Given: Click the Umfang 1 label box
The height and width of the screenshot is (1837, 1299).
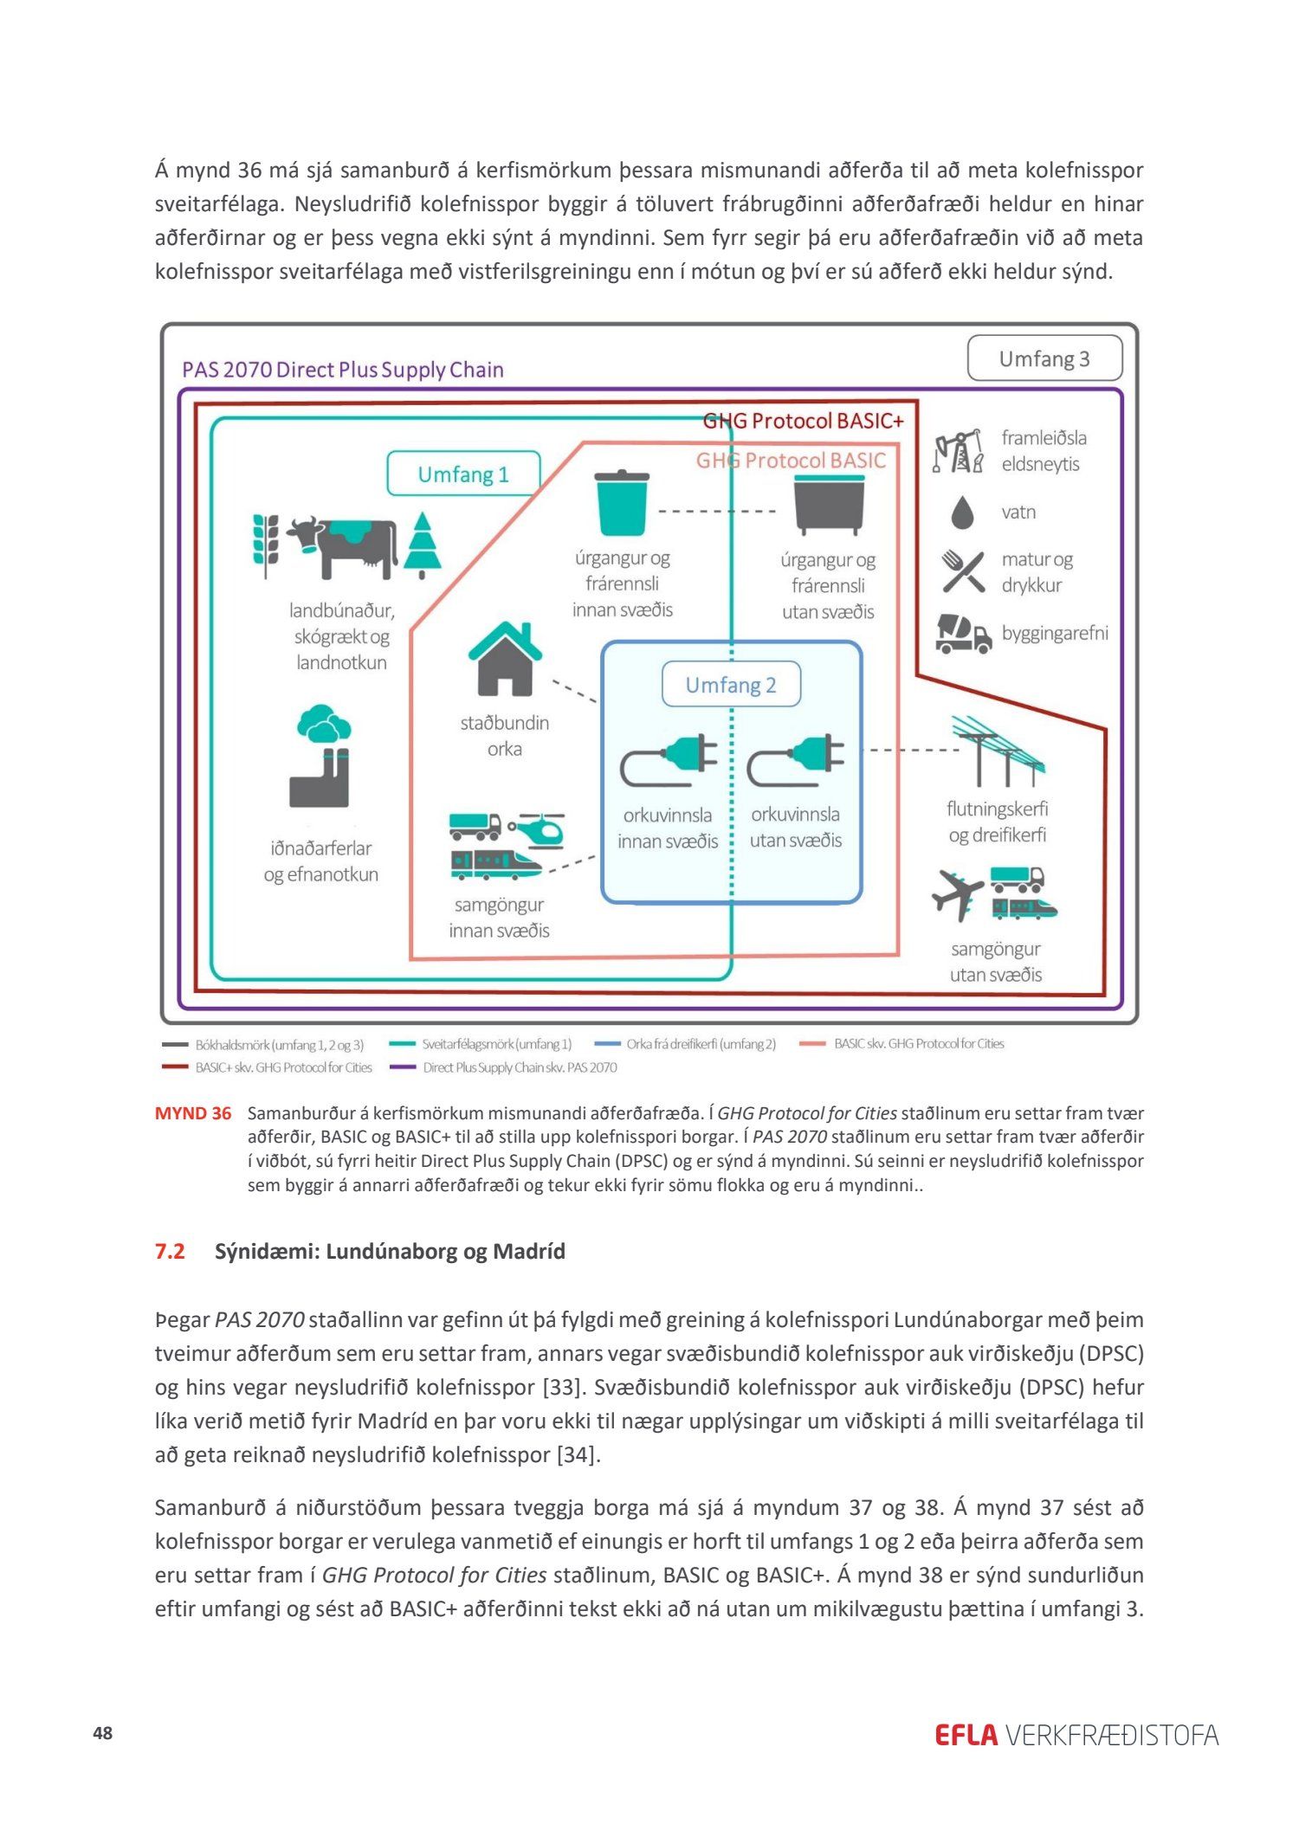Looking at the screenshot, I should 463,474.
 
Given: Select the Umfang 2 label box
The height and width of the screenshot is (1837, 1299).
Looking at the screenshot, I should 731,685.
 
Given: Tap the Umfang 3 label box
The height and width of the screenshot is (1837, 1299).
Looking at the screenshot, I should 1044,358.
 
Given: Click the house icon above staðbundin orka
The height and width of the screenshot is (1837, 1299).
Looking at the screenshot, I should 505,659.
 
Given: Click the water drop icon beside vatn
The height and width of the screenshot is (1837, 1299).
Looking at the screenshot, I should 962,512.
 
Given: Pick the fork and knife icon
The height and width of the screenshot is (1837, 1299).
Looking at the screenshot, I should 963,571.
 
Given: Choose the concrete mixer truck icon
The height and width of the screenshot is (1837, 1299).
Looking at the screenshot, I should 963,633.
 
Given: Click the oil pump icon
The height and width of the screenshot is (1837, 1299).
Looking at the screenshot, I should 959,451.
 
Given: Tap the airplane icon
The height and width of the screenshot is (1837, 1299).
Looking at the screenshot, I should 957,895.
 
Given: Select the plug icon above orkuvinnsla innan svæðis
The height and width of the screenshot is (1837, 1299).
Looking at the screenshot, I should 669,758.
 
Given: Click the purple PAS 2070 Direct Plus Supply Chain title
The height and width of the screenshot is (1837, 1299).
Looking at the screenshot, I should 343,370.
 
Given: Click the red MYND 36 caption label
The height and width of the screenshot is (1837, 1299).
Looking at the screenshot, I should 192,1113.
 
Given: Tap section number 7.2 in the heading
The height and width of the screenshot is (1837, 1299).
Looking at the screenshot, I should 170,1251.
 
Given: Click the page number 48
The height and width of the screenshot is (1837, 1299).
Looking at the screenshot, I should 103,1733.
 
